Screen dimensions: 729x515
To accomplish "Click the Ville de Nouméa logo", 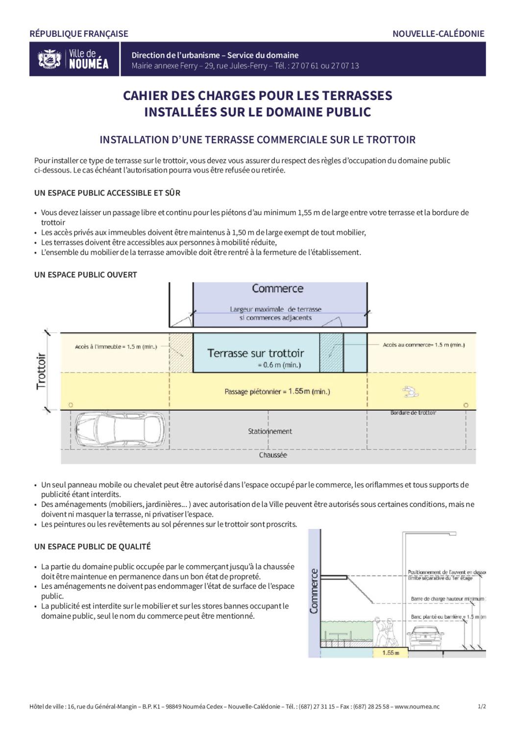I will (74, 59).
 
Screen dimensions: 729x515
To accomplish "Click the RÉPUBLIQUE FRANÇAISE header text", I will (79, 34).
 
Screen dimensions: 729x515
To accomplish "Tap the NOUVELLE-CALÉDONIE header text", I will (438, 34).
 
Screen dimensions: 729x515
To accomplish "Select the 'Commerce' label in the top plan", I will (277, 289).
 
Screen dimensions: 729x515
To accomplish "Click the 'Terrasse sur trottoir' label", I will (255, 353).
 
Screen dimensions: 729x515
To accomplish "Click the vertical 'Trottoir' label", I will (41, 371).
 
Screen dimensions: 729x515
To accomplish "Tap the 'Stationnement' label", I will (270, 431).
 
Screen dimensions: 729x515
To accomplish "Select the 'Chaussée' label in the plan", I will (273, 455).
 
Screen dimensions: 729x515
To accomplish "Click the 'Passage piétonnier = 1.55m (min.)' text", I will (277, 391).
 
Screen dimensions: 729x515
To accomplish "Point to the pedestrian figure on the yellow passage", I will (408, 391).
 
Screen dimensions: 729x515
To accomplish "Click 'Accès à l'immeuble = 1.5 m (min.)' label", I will (116, 347).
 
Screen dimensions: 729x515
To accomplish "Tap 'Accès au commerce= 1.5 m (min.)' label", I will (424, 345).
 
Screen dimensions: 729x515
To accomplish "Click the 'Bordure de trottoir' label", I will (413, 413).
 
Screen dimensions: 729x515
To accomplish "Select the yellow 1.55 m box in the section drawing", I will (391, 653).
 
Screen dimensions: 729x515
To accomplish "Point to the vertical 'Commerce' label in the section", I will (314, 591).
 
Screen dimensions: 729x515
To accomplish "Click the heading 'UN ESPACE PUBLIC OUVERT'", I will (86, 275).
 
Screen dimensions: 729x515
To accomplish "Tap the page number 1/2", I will (482, 706).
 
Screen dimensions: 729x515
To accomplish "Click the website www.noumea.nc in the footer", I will (417, 706).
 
